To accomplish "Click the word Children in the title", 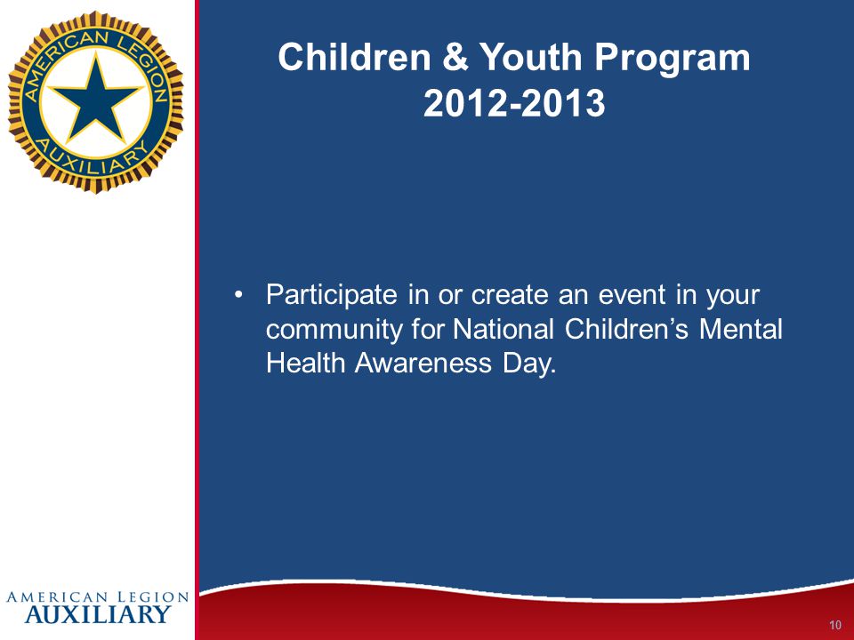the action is pos(354,57).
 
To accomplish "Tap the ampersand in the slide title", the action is pos(455,57).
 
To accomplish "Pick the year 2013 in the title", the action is pos(562,103).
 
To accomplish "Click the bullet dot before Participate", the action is pos(238,295).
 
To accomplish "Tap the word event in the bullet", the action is pos(632,295).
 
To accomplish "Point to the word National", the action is pos(504,329).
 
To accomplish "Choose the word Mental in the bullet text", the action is pos(741,329).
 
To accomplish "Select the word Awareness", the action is pos(423,363).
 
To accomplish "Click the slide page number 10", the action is pos(835,625).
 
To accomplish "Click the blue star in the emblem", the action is pos(96,99).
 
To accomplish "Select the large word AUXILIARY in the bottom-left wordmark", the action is pos(98,614).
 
